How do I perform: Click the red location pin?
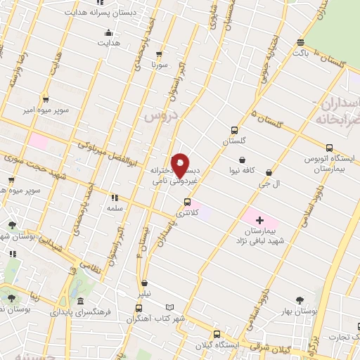tap(180, 165)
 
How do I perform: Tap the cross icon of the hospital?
tap(259, 220)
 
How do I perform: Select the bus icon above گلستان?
tap(234, 129)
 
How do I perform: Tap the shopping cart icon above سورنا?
tap(160, 53)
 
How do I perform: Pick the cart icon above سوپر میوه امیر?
tap(46, 100)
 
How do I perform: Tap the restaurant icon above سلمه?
tap(115, 198)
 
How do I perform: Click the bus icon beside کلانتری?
tap(187, 200)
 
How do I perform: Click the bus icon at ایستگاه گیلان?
tap(217, 335)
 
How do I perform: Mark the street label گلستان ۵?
tap(271, 122)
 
